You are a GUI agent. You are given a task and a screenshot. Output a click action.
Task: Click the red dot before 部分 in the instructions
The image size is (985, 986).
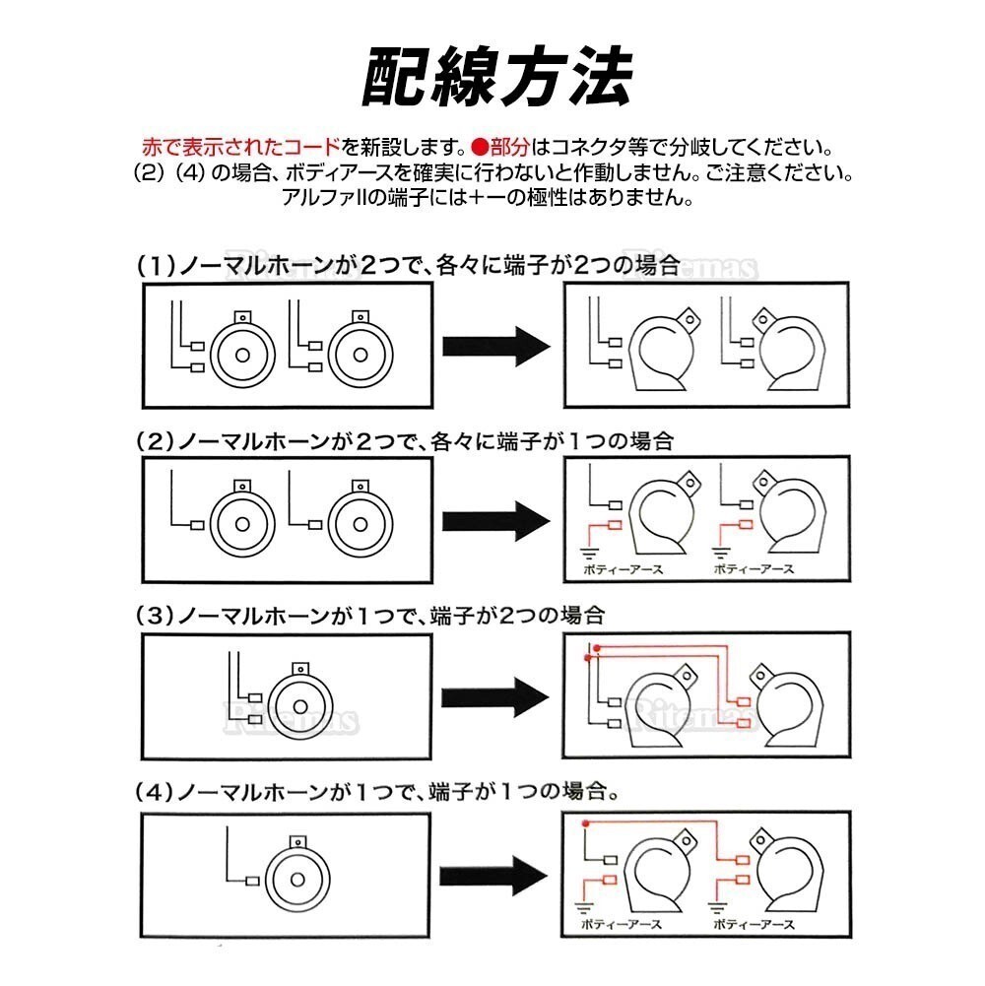pyautogui.click(x=479, y=148)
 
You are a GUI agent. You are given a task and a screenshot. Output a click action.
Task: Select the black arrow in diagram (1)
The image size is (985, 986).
pyautogui.click(x=495, y=346)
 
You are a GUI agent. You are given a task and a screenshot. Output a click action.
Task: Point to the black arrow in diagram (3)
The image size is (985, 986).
pyautogui.click(x=495, y=696)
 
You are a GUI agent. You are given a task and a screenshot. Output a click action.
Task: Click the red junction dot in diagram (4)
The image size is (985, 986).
pyautogui.click(x=585, y=823)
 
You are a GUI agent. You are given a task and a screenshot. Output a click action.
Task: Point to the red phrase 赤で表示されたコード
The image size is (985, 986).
pyautogui.click(x=239, y=148)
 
